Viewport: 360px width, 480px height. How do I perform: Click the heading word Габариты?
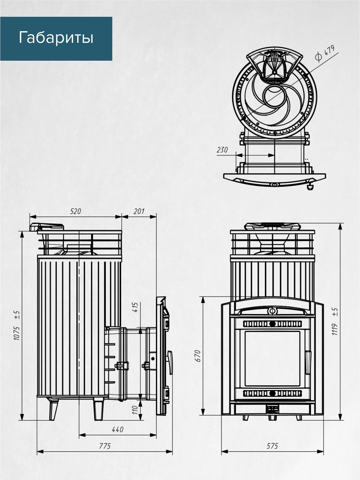click(56, 38)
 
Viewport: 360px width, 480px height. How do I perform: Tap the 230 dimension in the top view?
click(222, 150)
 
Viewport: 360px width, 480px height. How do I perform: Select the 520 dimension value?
click(75, 211)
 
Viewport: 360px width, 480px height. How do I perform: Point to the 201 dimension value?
click(139, 211)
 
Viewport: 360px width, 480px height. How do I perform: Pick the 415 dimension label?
click(135, 307)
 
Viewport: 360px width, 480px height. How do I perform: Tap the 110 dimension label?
click(135, 410)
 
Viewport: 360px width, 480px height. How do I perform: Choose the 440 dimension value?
click(118, 430)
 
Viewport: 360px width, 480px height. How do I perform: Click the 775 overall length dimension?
click(105, 446)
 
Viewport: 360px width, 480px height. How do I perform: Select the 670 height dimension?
click(198, 356)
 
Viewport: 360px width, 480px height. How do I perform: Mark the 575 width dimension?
click(272, 446)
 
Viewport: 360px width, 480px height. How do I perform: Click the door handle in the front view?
click(308, 362)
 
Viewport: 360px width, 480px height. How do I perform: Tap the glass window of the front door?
click(272, 358)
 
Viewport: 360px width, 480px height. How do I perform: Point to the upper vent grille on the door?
click(272, 324)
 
